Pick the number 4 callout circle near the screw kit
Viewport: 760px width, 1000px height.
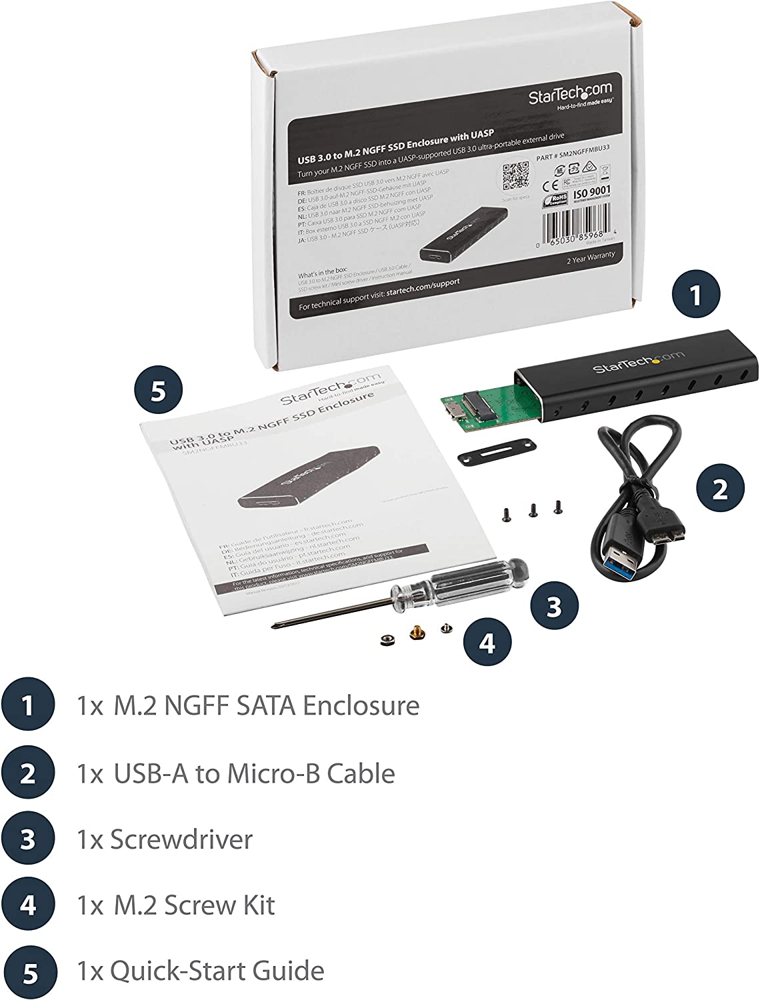pyautogui.click(x=488, y=643)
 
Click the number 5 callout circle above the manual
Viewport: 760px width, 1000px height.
pyautogui.click(x=158, y=391)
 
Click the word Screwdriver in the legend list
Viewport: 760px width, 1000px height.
pyautogui.click(x=181, y=839)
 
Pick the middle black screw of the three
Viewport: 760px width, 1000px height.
pyautogui.click(x=533, y=509)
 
